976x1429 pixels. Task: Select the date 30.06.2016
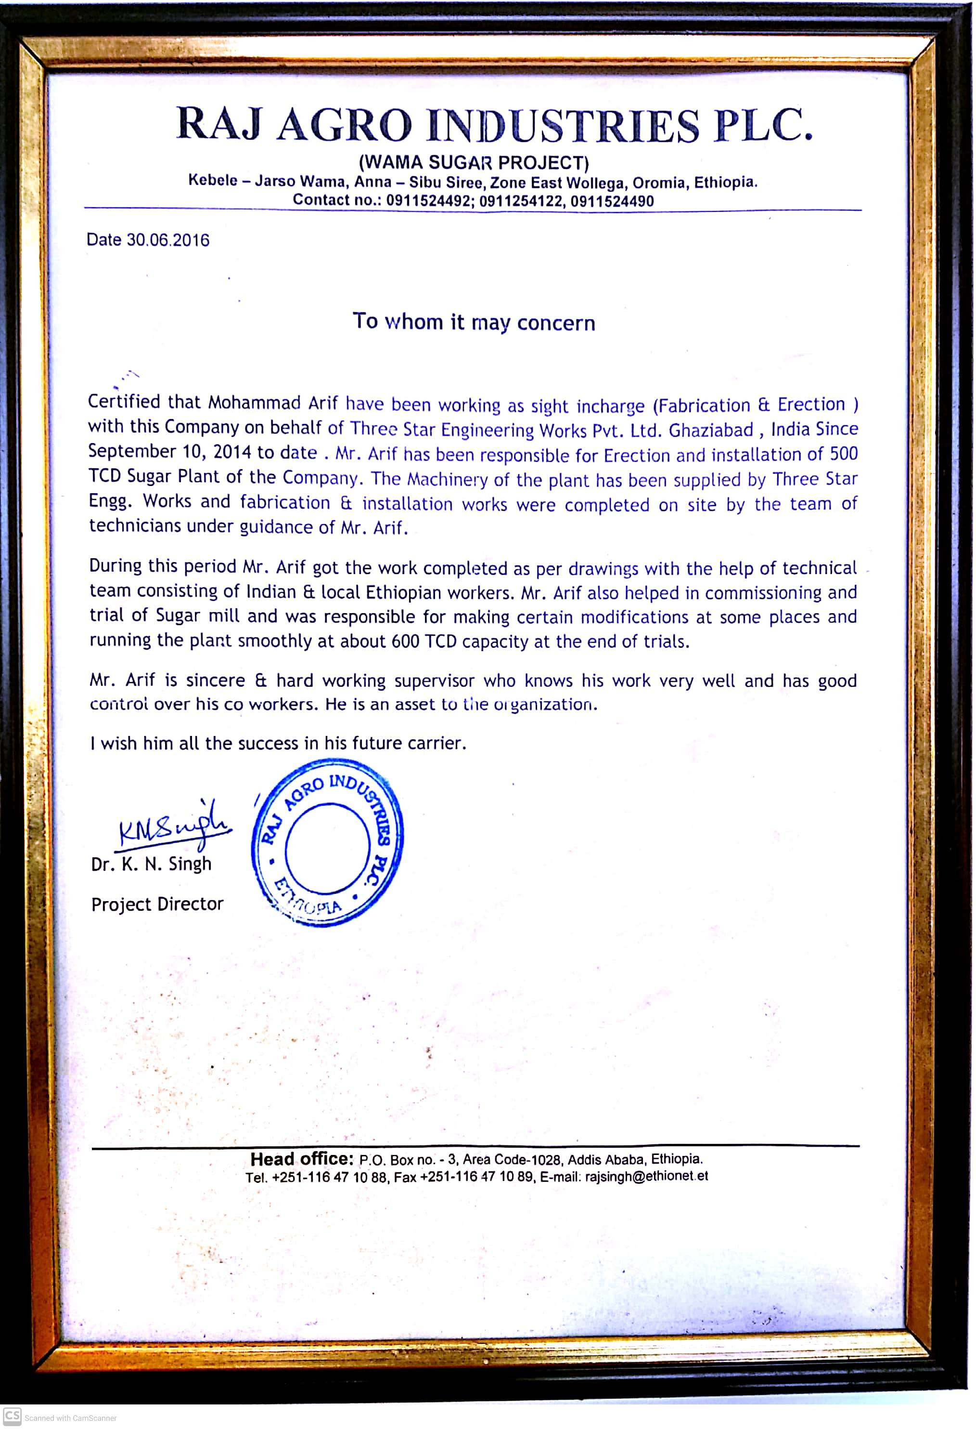(168, 240)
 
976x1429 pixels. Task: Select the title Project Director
(157, 904)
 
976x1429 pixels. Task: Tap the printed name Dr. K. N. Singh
(151, 864)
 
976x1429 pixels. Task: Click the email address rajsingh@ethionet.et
(646, 1176)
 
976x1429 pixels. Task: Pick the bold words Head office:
(301, 1159)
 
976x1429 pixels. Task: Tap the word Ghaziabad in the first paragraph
(710, 430)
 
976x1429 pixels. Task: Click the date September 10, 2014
(169, 451)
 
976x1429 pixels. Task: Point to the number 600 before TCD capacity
(406, 642)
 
